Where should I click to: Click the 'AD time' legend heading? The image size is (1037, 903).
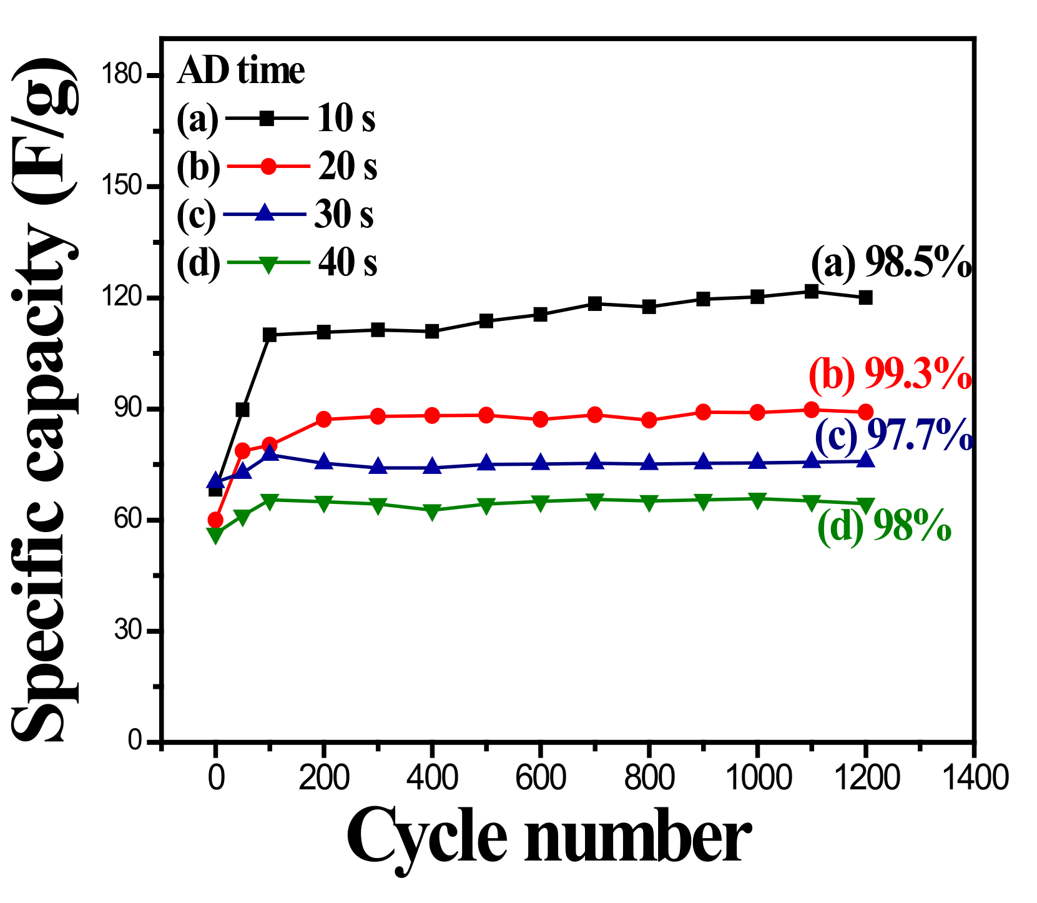click(241, 71)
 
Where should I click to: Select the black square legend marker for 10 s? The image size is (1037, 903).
click(268, 117)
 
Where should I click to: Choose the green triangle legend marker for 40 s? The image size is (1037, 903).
click(268, 264)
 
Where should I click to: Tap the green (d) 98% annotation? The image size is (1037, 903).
click(884, 527)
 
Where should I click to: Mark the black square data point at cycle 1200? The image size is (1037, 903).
click(865, 298)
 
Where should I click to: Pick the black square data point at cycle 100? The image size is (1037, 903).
click(270, 335)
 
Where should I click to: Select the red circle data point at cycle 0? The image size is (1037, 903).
click(215, 520)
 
